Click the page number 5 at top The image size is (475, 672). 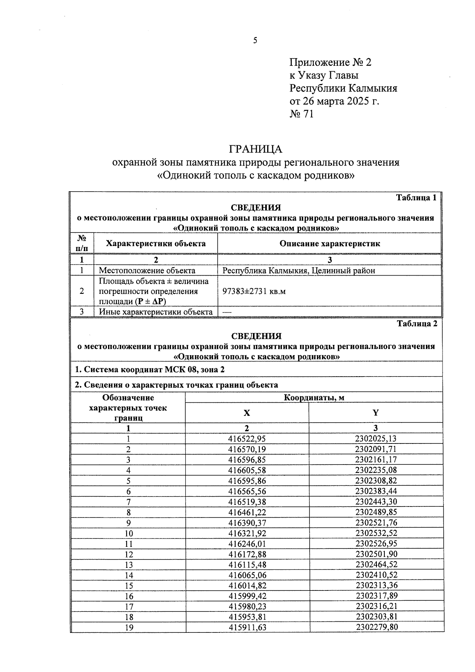point(255,40)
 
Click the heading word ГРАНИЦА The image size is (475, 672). point(255,149)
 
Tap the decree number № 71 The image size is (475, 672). point(302,114)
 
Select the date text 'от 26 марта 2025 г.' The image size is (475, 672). point(334,101)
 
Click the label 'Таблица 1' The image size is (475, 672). point(416,198)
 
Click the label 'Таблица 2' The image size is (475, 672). point(417,324)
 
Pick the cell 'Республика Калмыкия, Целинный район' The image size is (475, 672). point(298,270)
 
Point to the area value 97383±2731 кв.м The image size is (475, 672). point(254,291)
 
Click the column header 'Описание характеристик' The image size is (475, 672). point(329,244)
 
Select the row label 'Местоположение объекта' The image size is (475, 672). point(147,270)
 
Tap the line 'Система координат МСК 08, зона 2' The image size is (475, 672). point(151,370)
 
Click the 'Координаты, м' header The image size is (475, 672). point(314,398)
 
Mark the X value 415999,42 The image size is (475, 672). point(247,596)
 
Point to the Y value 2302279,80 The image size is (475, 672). point(376,627)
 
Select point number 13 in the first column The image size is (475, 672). point(128,565)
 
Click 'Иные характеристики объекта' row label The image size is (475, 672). point(156,312)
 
